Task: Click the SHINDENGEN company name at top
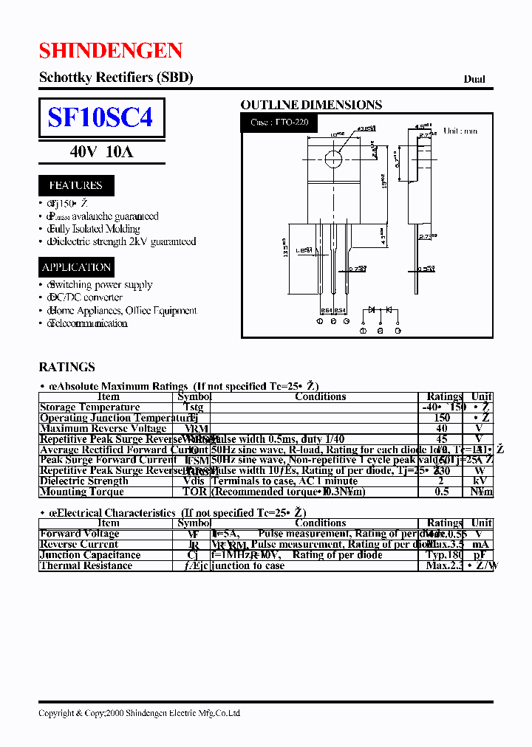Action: click(110, 50)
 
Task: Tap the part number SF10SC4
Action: click(100, 117)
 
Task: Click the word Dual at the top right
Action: click(474, 79)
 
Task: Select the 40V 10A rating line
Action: click(101, 152)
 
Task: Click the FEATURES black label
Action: click(75, 185)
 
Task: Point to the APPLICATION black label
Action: click(76, 267)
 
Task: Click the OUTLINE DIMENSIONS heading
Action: click(311, 105)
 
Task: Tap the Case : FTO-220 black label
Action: click(279, 122)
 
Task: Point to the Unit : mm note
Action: click(460, 131)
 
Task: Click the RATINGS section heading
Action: click(66, 367)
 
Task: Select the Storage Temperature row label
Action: click(89, 407)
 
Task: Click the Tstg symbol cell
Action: click(194, 407)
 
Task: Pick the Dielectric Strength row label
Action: click(84, 481)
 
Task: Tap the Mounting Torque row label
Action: click(82, 492)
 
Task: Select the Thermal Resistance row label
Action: click(86, 566)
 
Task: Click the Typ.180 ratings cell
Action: click(444, 555)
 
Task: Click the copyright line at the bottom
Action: click(139, 713)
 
